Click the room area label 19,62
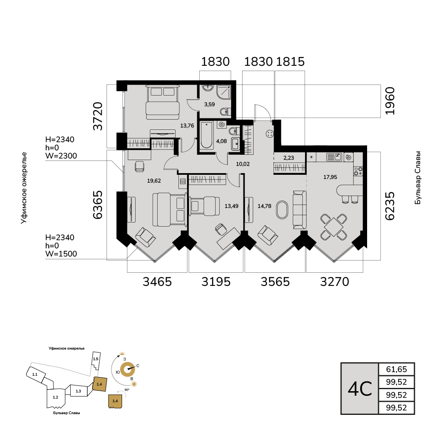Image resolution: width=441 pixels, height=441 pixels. (154, 181)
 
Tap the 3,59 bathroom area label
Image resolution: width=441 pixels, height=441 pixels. (209, 105)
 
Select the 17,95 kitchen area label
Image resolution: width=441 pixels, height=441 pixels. (330, 177)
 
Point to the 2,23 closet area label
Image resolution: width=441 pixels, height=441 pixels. (289, 158)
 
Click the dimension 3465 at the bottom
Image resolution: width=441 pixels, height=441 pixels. (157, 281)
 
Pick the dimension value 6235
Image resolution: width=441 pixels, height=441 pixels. (390, 206)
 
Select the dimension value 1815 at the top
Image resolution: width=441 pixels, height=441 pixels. (290, 62)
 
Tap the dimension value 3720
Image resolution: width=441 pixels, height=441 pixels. (98, 116)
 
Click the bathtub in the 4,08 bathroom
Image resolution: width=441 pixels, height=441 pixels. (207, 135)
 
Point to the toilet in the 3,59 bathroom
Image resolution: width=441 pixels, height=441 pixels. (225, 111)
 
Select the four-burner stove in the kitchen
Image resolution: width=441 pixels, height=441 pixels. (358, 171)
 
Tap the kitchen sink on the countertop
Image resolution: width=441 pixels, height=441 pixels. (334, 157)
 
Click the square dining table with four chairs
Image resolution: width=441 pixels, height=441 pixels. (334, 227)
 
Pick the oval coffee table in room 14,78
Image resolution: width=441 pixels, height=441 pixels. (282, 209)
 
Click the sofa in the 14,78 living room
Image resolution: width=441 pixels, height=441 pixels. (299, 210)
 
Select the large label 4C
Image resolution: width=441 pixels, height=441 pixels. (360, 389)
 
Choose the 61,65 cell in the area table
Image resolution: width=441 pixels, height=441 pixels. (396, 369)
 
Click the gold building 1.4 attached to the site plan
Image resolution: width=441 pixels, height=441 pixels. (100, 384)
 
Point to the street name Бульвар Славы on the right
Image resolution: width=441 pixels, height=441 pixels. (418, 178)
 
